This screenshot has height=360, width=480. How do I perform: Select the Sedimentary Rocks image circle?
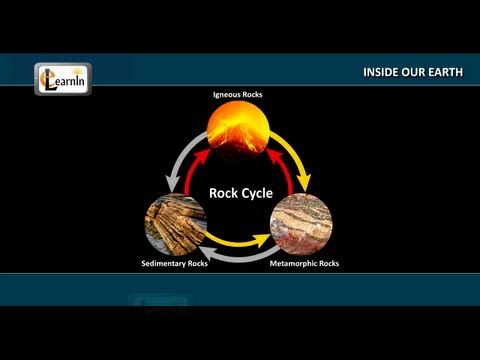pyautogui.click(x=174, y=225)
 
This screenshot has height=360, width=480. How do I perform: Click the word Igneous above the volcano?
pyautogui.click(x=228, y=95)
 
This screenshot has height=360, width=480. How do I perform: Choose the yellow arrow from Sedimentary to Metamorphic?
pyautogui.click(x=237, y=241)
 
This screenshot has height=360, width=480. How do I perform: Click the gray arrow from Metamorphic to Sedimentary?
pyautogui.click(x=237, y=257)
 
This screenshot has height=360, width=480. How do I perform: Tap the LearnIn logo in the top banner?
pyautogui.click(x=62, y=79)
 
